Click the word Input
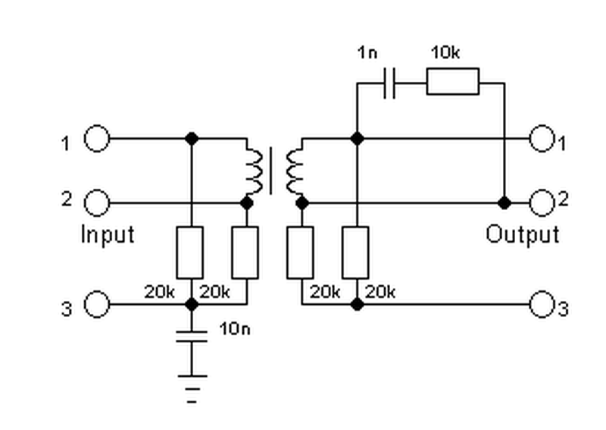point(108,234)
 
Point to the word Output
point(523,234)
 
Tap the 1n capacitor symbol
point(389,83)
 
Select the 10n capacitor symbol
point(192,337)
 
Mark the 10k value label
point(445,52)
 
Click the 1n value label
point(367,52)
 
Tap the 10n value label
point(235,328)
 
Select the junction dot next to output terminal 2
point(504,202)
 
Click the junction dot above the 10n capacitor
point(192,304)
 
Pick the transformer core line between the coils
point(270,171)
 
